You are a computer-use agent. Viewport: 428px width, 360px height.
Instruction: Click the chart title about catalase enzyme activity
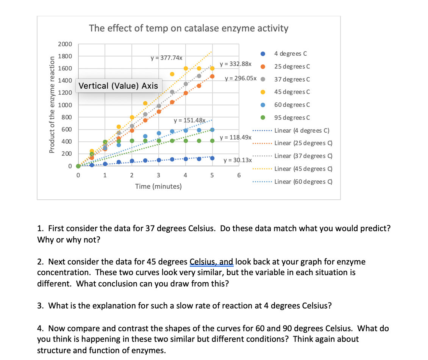point(189,28)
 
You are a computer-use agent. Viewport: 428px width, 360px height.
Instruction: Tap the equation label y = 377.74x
point(167,58)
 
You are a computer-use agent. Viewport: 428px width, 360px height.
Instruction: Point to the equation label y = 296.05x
point(241,79)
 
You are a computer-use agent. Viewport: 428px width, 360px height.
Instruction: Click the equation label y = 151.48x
point(189,121)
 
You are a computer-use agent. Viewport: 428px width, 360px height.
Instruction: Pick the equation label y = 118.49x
point(235,137)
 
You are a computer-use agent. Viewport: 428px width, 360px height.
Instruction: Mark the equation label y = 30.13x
point(237,160)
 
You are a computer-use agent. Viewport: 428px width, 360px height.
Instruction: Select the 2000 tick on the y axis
point(65,44)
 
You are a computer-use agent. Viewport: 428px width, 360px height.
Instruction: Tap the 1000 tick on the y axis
point(65,105)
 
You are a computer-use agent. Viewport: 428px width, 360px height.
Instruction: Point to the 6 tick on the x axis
point(239,175)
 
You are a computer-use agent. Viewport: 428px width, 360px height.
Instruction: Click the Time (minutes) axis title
point(158,186)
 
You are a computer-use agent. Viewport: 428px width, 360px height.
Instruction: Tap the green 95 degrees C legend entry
point(292,117)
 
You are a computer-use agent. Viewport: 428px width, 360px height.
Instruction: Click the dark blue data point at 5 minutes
point(212,158)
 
